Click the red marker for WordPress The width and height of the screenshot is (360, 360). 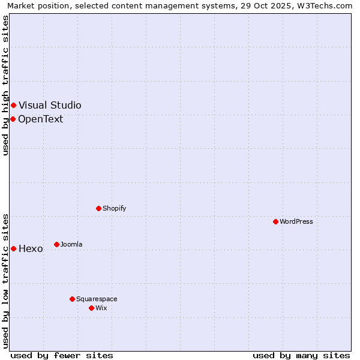[275, 221]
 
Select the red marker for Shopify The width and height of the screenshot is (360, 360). [98, 208]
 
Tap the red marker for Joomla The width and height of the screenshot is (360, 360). [56, 244]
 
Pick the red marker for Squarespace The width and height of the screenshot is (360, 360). [72, 299]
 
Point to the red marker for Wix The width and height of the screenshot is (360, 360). [91, 308]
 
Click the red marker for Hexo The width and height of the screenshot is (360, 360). [13, 248]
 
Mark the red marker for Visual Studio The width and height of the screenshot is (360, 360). [13, 105]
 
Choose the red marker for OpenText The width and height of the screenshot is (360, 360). [13, 119]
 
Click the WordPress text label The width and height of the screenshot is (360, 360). [296, 221]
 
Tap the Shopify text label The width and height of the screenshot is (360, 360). [114, 208]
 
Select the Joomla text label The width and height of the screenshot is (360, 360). [71, 244]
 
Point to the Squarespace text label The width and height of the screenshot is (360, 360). [97, 299]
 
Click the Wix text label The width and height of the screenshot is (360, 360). [101, 308]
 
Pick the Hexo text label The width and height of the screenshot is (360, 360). [31, 248]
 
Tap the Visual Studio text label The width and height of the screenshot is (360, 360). [50, 105]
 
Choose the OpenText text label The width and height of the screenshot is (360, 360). [40, 119]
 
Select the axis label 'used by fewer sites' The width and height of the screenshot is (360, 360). [62, 355]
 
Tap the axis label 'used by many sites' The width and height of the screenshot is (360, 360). [301, 355]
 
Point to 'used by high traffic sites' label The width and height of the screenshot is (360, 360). [5, 85]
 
